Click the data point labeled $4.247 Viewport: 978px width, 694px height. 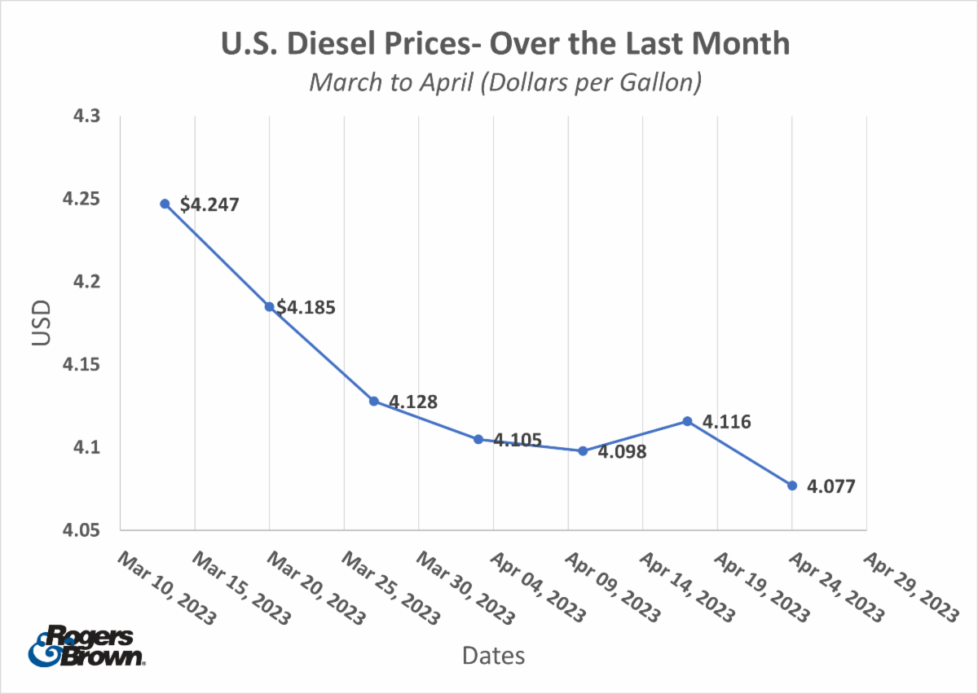(165, 204)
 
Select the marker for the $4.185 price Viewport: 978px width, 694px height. (269, 306)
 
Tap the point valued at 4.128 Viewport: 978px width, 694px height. (373, 401)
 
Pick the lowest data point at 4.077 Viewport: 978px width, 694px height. (792, 485)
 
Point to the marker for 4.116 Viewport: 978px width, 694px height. (687, 421)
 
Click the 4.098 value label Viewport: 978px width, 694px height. (622, 452)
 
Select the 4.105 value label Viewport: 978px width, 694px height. (518, 441)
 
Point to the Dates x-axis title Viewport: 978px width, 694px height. (493, 655)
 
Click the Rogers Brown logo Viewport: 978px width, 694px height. (86, 647)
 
